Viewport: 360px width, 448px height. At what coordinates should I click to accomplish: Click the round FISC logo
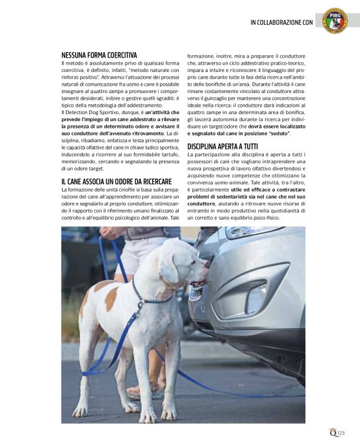coord(335,20)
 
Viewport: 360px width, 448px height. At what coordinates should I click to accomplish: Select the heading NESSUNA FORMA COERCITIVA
coord(99,55)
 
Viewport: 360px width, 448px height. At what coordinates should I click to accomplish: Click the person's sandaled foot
coord(134,390)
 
